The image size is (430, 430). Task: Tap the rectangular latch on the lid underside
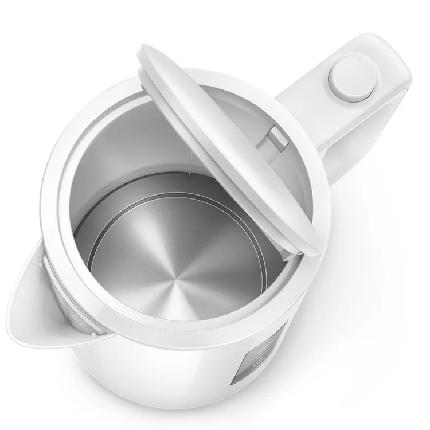276,137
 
